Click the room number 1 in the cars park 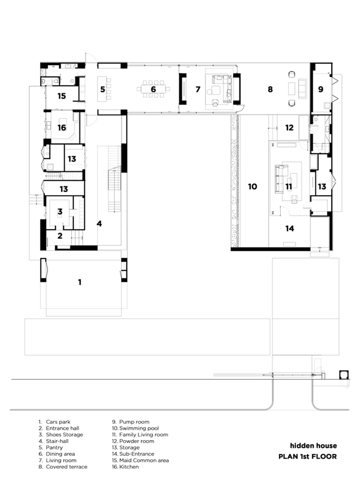point(80,282)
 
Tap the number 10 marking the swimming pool point(253,187)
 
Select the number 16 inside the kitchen point(62,127)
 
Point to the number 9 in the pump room point(321,89)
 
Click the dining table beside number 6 point(154,89)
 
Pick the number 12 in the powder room point(289,127)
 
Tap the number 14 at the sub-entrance point(290,228)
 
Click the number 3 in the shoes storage point(60,212)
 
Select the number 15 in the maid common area point(62,96)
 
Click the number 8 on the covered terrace point(270,89)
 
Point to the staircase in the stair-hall point(115,189)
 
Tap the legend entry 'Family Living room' point(143,435)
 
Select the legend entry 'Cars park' point(58,422)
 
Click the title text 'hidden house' point(314,446)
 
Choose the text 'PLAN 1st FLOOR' point(308,457)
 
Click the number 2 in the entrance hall point(60,235)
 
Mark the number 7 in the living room point(198,89)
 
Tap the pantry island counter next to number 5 point(101,89)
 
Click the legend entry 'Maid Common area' point(144,460)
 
